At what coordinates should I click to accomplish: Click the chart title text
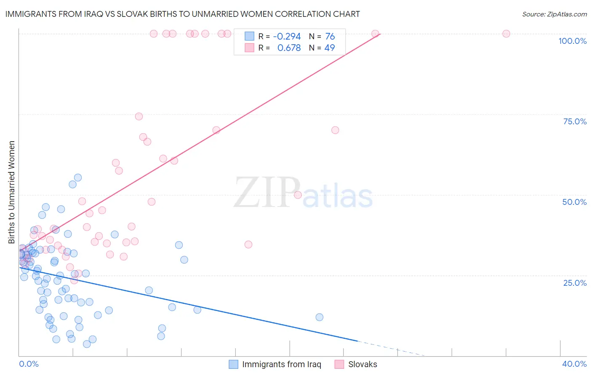coord(182,14)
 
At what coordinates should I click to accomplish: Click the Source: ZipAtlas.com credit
coord(554,14)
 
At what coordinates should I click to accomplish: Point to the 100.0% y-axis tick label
coord(572,41)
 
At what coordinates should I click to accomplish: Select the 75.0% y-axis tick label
coord(575,121)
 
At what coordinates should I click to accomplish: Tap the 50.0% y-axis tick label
coord(574,202)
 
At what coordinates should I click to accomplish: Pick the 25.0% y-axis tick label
coord(575,282)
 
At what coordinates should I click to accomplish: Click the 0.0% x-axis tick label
coord(29,364)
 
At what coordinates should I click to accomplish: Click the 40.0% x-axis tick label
coord(574,364)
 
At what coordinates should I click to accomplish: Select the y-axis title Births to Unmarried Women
coord(12,192)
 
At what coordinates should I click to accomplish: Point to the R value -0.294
coord(287,37)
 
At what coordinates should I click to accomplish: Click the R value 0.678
coord(289,48)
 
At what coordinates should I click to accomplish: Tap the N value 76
coord(330,37)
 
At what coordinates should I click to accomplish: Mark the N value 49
coord(329,48)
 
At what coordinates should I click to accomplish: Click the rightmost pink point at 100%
coord(506,34)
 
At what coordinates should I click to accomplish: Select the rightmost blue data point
coord(320,317)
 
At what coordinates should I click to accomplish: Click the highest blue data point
coord(78,177)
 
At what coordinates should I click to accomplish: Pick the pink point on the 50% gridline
coord(298,195)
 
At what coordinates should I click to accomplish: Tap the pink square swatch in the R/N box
coord(249,48)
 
